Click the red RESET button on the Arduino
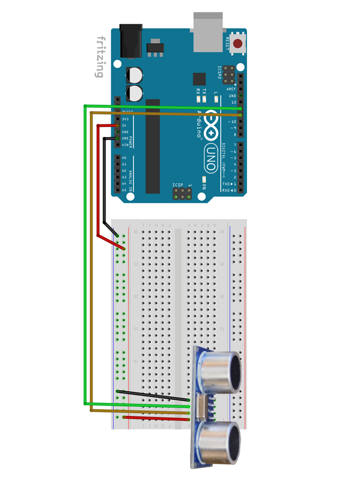[237, 44]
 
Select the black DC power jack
[130, 42]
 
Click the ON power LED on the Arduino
[204, 179]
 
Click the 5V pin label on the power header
[124, 125]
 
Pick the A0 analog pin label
[124, 158]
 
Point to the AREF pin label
[231, 89]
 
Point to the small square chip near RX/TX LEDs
[199, 79]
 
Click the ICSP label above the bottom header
[178, 184]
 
